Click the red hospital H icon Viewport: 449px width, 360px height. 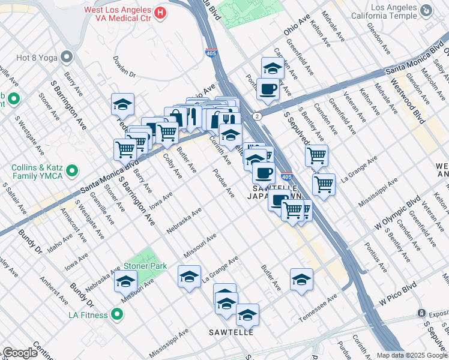coord(160,13)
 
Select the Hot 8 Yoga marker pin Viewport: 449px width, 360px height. coord(66,57)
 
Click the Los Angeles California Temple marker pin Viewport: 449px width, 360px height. coord(426,10)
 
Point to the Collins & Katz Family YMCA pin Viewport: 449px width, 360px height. coord(72,172)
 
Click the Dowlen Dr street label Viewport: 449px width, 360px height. coord(124,67)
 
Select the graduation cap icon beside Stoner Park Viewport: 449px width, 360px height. coord(125,280)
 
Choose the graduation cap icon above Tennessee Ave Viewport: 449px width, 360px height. coord(301,278)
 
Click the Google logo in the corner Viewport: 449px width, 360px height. coord(20,353)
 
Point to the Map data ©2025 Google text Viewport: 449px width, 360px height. coord(411,355)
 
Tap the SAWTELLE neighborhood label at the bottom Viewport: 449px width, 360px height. coord(231,332)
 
